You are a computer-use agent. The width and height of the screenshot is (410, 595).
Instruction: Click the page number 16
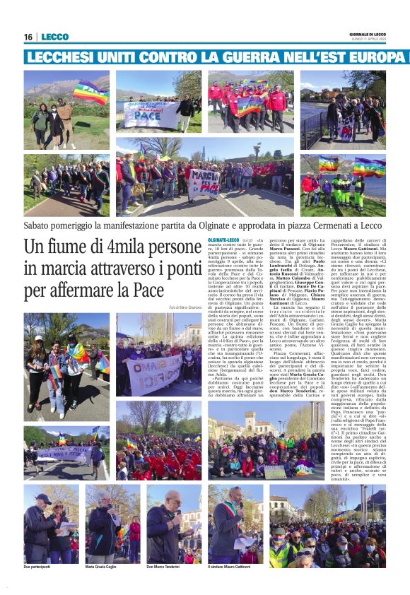point(28,37)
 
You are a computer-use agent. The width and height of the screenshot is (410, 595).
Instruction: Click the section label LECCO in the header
point(54,37)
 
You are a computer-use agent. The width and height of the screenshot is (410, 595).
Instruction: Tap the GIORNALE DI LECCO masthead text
point(367,34)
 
